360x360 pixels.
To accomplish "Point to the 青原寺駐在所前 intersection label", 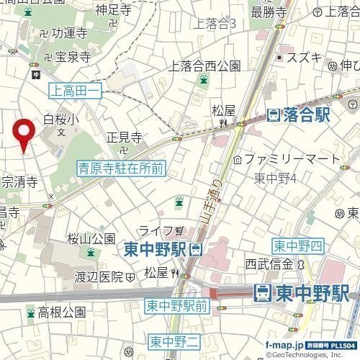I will coord(121,168).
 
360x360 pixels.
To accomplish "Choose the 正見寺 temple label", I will coord(123,137).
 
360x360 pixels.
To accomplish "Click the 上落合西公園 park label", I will coord(204,66).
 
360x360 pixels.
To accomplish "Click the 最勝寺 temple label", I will coord(269,12).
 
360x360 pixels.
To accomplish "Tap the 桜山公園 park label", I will coord(91,238).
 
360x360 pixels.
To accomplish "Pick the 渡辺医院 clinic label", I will coord(100,276).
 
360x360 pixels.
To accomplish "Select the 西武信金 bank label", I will coord(271,264).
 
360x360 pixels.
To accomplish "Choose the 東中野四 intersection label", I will coord(296,246).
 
